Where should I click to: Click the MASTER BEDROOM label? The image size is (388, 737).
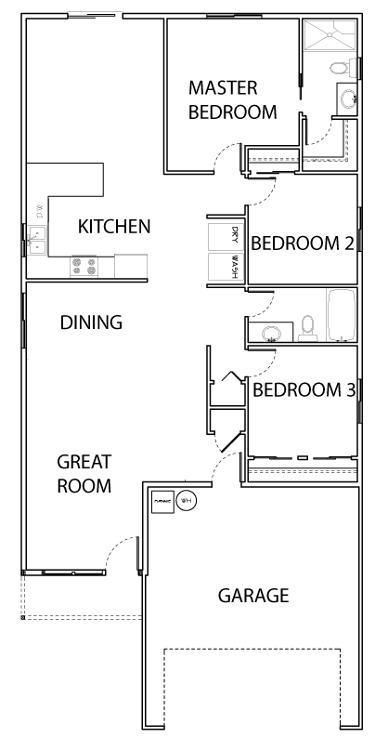[232, 99]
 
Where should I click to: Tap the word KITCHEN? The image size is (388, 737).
[113, 226]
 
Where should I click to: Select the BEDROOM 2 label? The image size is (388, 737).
[303, 243]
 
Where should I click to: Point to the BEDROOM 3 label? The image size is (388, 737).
[304, 389]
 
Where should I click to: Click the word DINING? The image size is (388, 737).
[91, 322]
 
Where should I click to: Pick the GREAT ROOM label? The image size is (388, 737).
[84, 473]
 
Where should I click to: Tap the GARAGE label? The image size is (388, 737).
[252, 595]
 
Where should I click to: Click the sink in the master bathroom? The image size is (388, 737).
[348, 99]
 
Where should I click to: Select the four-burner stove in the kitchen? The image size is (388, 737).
[84, 267]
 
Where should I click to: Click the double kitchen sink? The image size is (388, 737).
[35, 240]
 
